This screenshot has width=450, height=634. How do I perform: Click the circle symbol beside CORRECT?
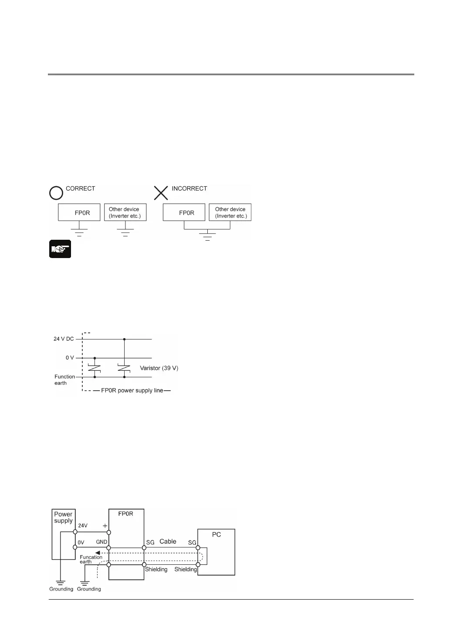pos(56,192)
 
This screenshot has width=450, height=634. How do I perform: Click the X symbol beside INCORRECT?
pos(161,192)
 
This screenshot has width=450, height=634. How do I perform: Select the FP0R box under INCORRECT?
pos(184,213)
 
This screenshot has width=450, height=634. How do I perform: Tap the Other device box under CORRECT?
pos(125,213)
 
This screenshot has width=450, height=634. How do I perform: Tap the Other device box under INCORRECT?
pos(230,213)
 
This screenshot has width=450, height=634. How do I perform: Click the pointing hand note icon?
pos(60,249)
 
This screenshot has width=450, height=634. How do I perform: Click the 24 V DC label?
pos(64,339)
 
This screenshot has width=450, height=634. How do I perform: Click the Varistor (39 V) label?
pos(159,368)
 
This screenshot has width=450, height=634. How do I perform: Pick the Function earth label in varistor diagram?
pos(64,380)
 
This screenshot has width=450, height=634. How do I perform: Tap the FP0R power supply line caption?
pos(132,390)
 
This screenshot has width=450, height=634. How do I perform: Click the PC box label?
pos(217,534)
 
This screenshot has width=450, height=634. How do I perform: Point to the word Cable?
pos(168,542)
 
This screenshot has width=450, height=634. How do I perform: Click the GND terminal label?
pos(102,542)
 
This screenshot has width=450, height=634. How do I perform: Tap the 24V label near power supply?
pos(83,526)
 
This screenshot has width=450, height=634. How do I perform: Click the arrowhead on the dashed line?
pos(98,553)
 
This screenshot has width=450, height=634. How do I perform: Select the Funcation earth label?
pos(91,559)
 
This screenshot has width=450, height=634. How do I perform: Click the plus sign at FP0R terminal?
pos(105,526)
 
